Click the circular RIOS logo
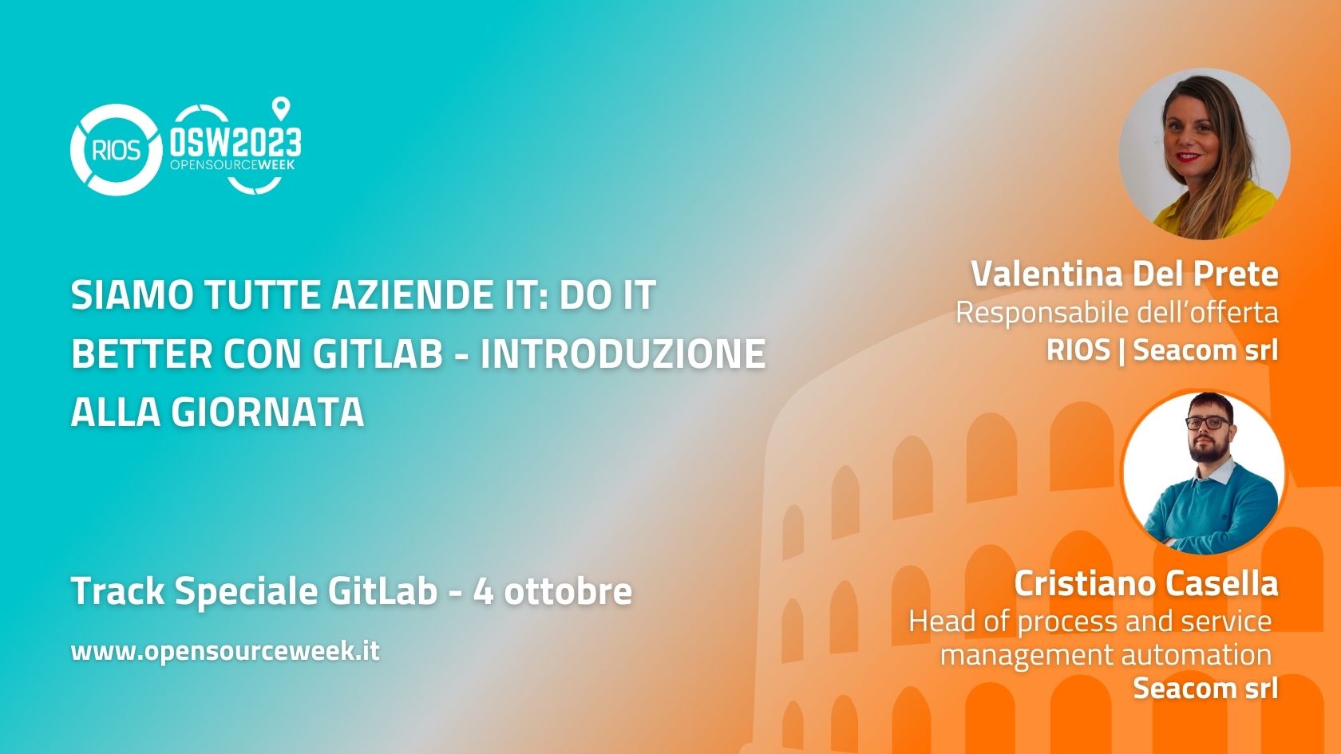click(116, 150)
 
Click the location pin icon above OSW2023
click(281, 109)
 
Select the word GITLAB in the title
click(377, 353)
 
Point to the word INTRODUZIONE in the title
click(623, 353)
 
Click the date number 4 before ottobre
click(483, 591)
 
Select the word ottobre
click(568, 590)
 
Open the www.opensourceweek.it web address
click(225, 651)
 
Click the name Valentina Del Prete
click(1124, 274)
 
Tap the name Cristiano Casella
click(1146, 583)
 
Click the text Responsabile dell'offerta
click(1117, 313)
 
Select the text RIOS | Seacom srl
click(1162, 349)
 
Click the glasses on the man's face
click(1208, 423)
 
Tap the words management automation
click(1106, 654)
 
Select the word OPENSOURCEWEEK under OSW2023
click(233, 164)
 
